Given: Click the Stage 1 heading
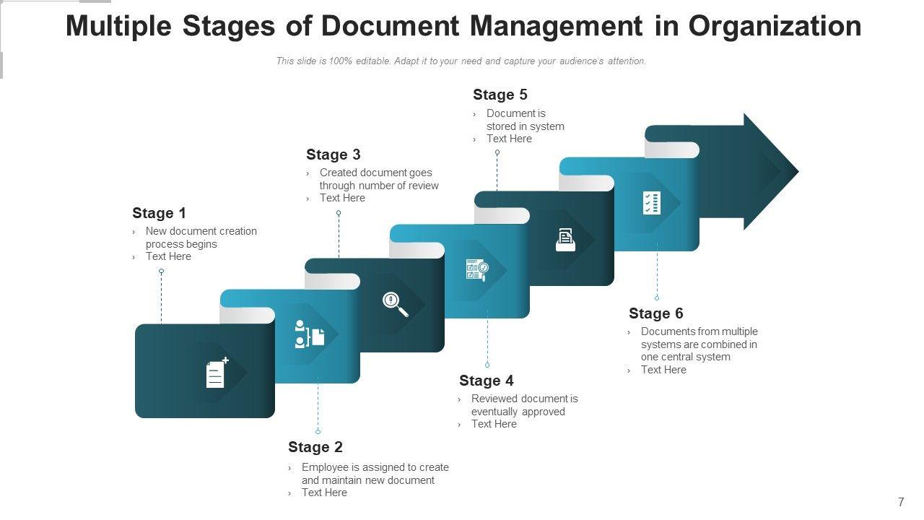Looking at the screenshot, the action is tap(159, 213).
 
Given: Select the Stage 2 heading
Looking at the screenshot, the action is tap(315, 447).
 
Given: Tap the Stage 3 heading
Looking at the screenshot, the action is tap(333, 155).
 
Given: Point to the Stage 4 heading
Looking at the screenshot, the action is tap(487, 381).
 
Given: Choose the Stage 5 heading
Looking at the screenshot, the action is tap(500, 95).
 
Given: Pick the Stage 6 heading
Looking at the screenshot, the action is tap(655, 313).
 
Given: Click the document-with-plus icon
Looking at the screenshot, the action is tap(217, 373).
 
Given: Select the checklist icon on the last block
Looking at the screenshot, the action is tap(651, 203).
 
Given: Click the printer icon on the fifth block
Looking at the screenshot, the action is tap(565, 240).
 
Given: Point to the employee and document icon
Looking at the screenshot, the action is tap(310, 334).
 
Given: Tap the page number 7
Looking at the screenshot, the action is tap(901, 503).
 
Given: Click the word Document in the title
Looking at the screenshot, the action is tap(391, 26).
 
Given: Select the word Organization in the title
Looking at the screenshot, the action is tap(775, 26).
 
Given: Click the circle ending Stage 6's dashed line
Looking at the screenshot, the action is tap(657, 298).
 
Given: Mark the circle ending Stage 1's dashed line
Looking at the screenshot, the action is tap(161, 272).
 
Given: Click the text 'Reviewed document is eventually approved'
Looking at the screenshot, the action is tap(524, 405).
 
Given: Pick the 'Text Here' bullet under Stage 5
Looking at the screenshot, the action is tap(509, 139).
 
